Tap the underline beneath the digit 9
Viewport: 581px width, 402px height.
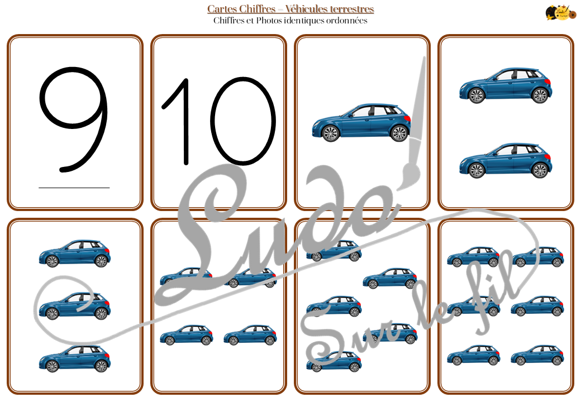[74, 188]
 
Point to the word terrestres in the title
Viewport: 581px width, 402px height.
[350, 8]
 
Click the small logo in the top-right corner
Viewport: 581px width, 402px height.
[561, 12]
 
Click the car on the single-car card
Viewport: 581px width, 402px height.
[361, 122]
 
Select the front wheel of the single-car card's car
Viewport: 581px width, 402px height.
[331, 133]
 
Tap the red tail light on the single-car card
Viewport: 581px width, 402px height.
[407, 118]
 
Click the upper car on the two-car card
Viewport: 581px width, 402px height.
[506, 85]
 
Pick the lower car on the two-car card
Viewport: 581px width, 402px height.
[506, 160]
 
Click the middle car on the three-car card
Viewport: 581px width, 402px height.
[75, 306]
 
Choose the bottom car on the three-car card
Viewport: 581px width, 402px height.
[75, 358]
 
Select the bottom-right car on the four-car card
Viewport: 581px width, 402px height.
[250, 335]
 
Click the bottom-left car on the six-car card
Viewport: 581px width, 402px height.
[473, 355]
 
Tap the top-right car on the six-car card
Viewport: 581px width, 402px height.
[537, 256]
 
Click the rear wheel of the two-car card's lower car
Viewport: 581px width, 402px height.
[540, 170]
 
